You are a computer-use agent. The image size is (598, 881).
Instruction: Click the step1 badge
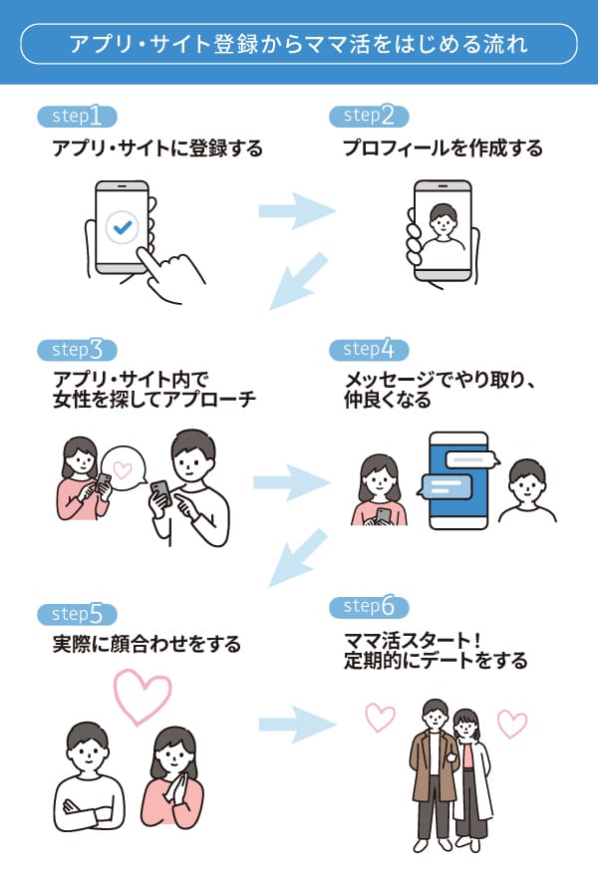[x=77, y=117]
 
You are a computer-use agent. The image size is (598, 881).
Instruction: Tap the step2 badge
[x=369, y=117]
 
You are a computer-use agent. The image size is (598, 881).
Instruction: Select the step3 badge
[x=77, y=350]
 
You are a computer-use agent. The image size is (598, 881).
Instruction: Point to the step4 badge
[x=369, y=350]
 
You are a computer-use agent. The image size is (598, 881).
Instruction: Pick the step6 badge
[x=369, y=607]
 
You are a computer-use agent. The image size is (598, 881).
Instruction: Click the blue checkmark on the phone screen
[x=124, y=228]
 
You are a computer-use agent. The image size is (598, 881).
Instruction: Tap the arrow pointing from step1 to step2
[x=296, y=210]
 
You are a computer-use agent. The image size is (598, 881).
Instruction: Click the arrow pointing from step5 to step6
[x=296, y=725]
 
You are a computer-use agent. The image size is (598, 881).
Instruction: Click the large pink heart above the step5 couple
[x=144, y=695]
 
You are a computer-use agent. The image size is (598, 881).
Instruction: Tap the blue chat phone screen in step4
[x=457, y=479]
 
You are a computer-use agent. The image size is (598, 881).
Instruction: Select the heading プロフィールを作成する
[x=443, y=149]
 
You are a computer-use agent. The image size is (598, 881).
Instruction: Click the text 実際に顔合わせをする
[x=147, y=645]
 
